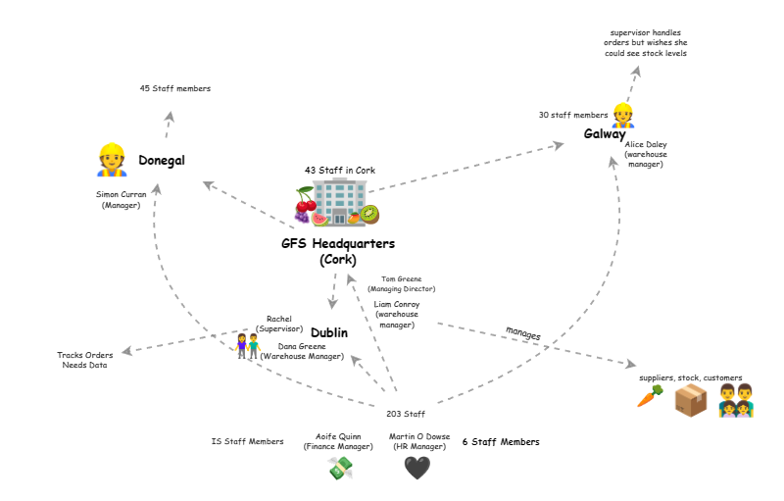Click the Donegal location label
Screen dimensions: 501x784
[162, 161]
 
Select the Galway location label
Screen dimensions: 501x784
[606, 134]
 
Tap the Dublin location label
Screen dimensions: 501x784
[329, 333]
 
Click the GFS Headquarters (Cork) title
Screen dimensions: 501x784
[338, 251]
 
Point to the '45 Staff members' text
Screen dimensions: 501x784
[174, 89]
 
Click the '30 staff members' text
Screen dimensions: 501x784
[573, 115]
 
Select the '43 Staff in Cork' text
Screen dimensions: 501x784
[340, 170]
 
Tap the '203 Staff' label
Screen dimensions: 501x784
[406, 414]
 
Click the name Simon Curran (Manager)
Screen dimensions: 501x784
[122, 199]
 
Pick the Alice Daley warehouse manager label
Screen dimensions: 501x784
[646, 154]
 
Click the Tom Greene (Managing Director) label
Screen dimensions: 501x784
[402, 284]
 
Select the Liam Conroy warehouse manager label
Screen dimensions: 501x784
[397, 314]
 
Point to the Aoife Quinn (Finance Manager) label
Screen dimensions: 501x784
[338, 441]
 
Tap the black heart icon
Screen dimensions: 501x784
[416, 469]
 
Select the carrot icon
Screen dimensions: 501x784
[649, 397]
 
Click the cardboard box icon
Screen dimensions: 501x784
[691, 399]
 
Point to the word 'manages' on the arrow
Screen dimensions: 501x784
[522, 334]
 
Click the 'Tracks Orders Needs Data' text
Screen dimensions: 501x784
[84, 360]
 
